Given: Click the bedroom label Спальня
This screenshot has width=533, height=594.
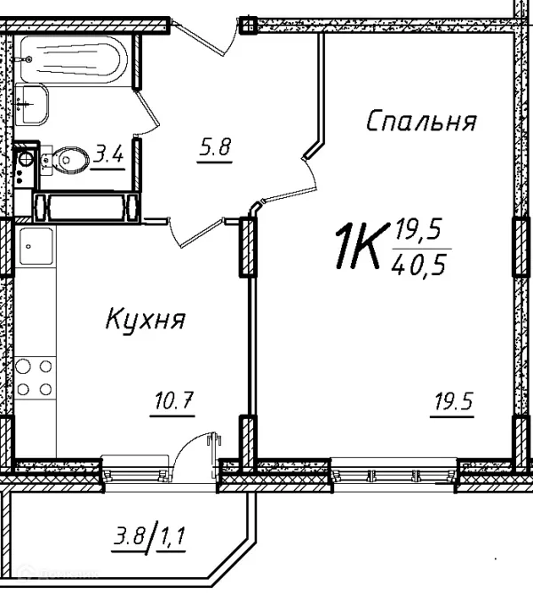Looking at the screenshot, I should click(421, 122).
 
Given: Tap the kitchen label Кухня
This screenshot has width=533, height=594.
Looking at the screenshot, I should click(146, 319).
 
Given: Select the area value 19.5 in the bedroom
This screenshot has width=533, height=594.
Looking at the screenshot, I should click(454, 403).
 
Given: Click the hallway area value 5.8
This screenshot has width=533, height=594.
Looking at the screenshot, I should click(214, 148).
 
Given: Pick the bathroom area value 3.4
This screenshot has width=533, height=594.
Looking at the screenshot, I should click(109, 155).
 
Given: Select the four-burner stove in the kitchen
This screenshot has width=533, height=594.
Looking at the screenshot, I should click(35, 376).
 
